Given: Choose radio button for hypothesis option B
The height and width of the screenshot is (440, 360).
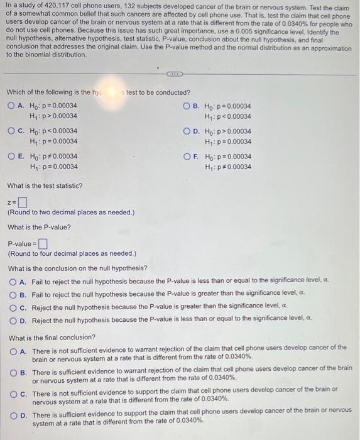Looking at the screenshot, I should pos(186,106).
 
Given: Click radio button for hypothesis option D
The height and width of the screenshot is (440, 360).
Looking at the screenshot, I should pos(186,131).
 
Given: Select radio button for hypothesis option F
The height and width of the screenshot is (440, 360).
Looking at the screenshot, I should pos(186,157).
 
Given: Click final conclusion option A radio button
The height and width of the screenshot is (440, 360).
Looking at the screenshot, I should pos(12,348).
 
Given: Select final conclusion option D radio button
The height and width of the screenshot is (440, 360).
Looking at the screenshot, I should pos(12,415).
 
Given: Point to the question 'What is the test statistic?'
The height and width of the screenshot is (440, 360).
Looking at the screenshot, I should pos(45,186).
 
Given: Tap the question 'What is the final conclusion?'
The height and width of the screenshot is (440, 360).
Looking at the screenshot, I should pos(52,337).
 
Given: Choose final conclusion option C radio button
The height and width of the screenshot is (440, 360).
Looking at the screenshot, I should pos(12,390).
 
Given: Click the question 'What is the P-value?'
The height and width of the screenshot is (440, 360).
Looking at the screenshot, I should pos(40,227).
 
